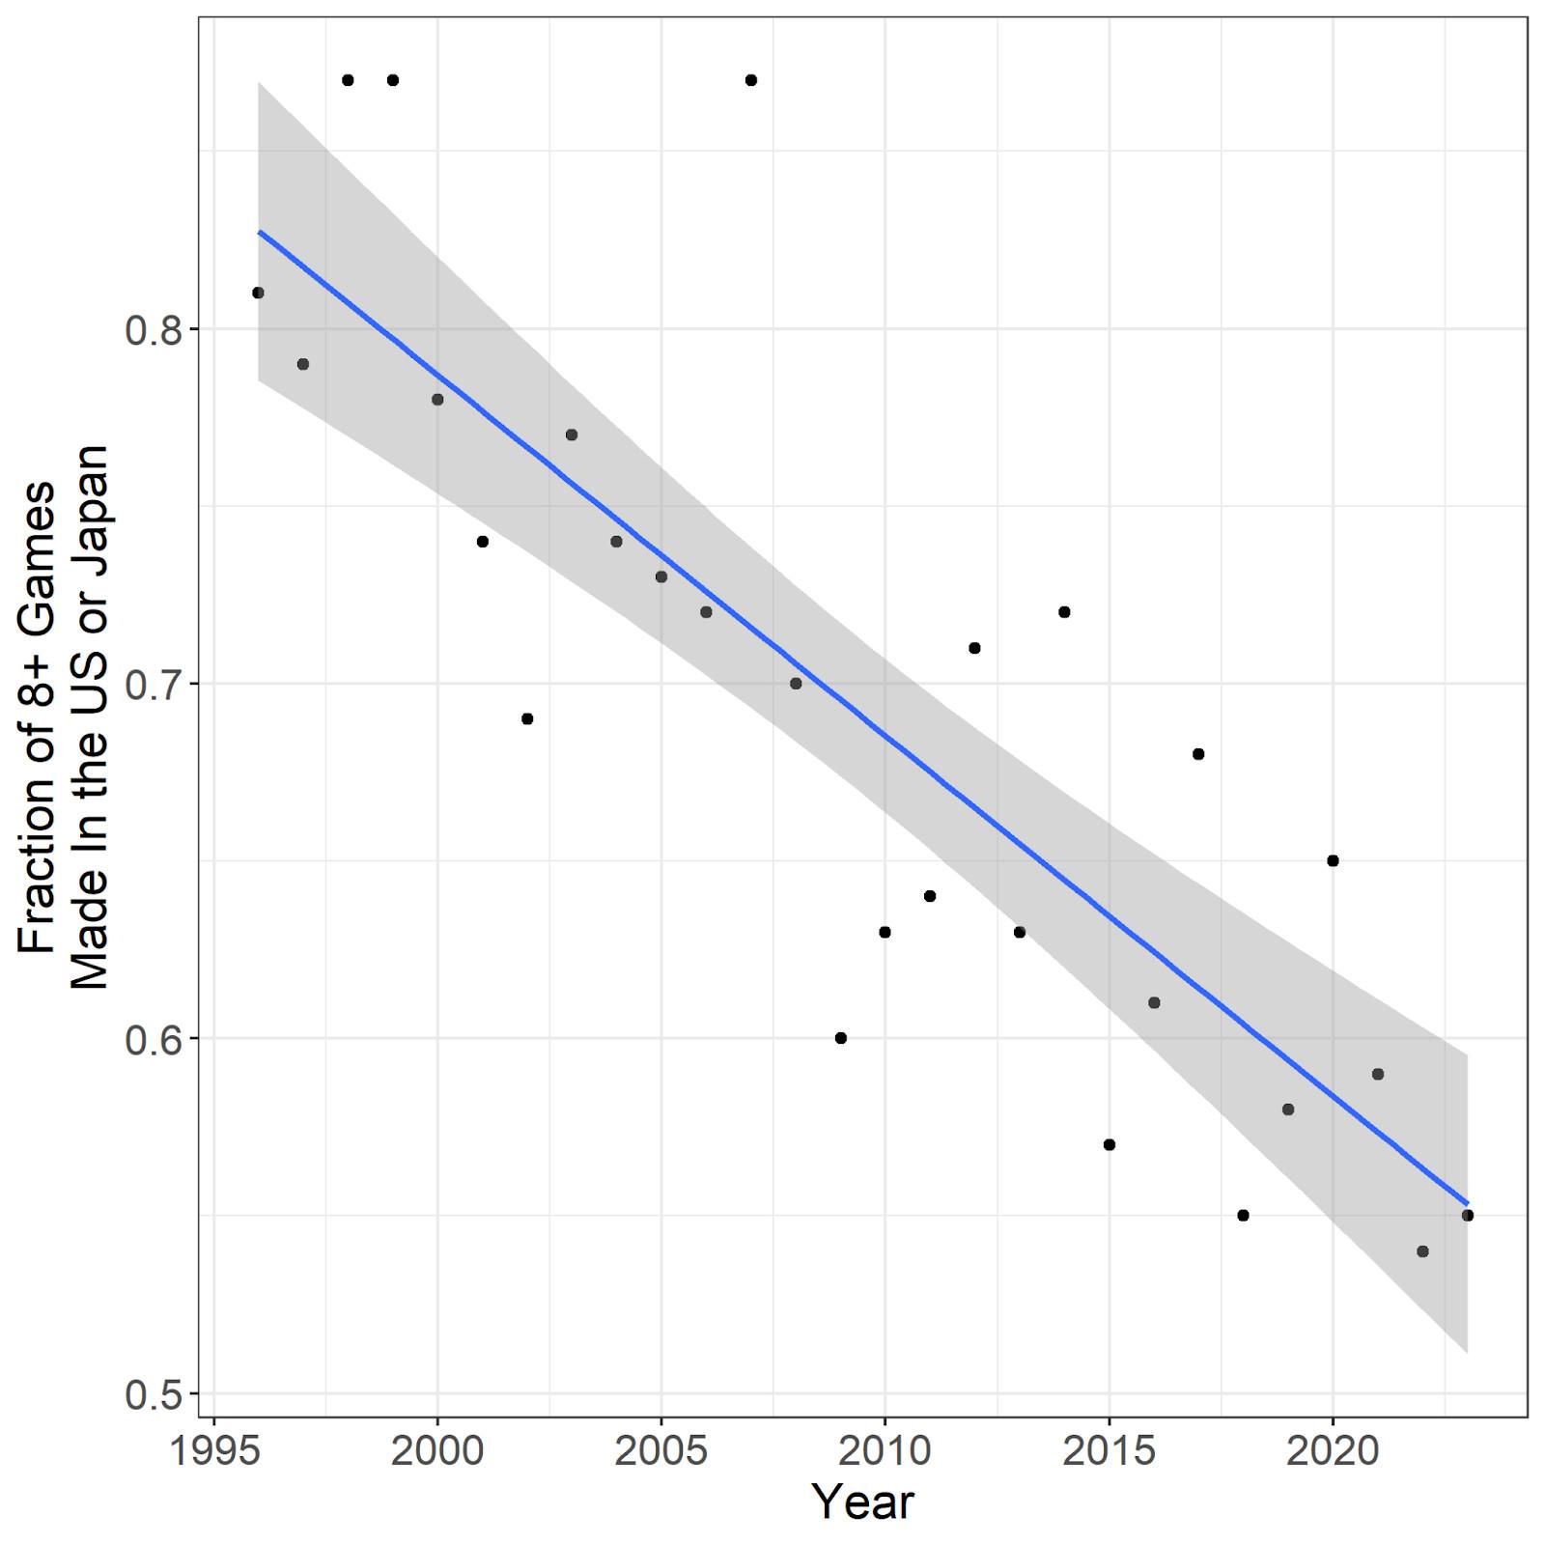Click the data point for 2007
[751, 80]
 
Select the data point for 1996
[258, 293]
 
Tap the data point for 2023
[1468, 1215]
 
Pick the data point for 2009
[840, 1038]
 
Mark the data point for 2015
[1110, 1144]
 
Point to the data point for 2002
[527, 718]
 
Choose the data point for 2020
[1334, 860]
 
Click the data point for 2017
[1198, 754]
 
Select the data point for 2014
[1064, 612]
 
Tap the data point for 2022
[1422, 1251]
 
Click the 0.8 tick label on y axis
[154, 329]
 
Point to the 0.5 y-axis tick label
[154, 1393]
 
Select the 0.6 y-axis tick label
[154, 1039]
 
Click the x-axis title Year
[862, 1503]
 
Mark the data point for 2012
[974, 648]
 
